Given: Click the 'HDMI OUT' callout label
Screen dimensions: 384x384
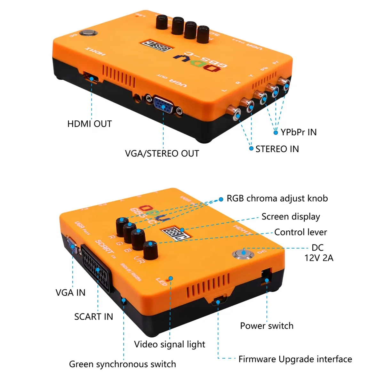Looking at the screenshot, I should point(89,124).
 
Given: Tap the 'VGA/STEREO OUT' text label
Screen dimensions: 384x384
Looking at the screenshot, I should point(162,154).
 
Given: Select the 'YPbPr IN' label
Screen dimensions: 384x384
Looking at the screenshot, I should point(298,132).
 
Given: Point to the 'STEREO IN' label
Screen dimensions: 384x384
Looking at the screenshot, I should point(277,149).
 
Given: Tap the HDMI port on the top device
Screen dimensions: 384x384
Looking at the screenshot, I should point(91,78).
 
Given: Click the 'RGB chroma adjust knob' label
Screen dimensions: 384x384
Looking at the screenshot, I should point(277,198).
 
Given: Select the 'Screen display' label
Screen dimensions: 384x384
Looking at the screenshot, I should point(291,217).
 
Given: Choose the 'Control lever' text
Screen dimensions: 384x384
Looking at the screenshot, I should point(300,232).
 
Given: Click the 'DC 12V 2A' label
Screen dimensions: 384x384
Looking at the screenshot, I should point(318,253).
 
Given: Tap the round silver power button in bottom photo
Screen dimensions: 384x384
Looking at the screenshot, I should point(244,253).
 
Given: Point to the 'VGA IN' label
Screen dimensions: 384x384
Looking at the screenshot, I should point(70,292).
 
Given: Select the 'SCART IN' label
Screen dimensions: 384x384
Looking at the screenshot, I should point(93,317).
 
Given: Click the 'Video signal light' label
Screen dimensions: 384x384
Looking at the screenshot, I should point(169,344).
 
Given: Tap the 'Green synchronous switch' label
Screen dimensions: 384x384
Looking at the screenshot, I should point(122,364).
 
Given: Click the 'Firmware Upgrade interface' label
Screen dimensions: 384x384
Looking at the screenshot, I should point(295,359).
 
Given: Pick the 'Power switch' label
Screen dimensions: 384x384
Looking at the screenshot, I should point(267,326).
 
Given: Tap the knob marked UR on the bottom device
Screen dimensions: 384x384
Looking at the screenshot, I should point(150,250).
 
